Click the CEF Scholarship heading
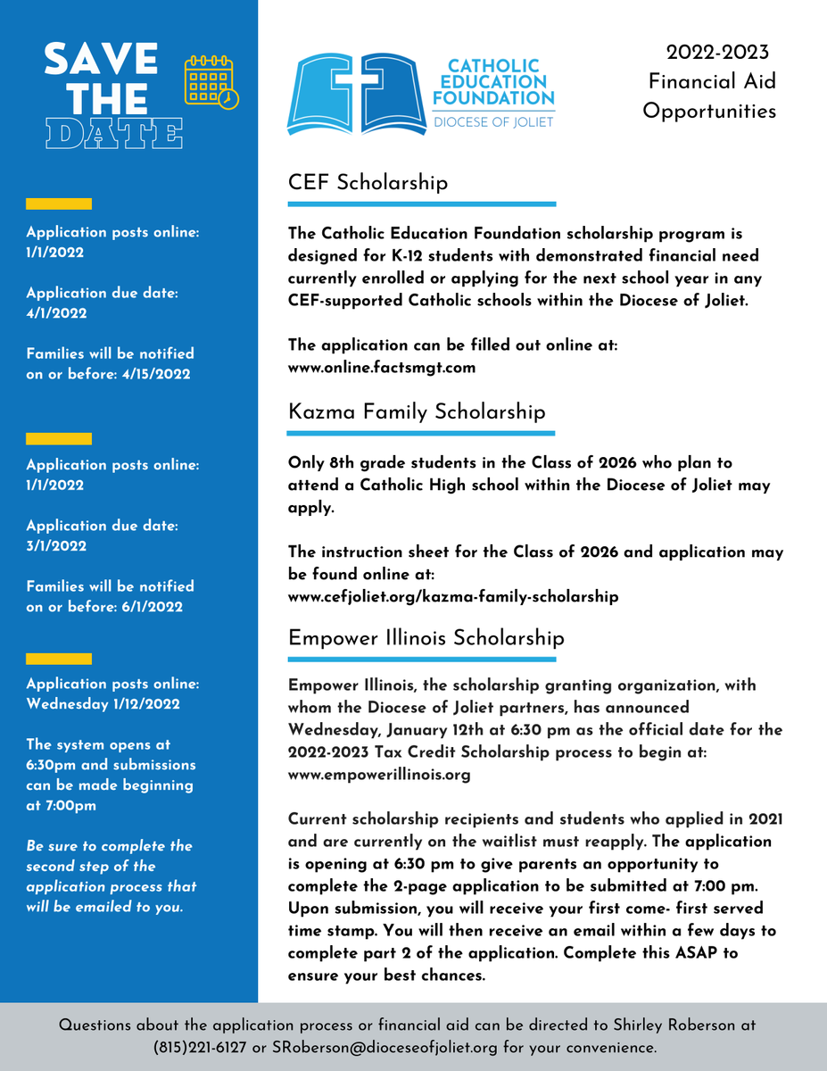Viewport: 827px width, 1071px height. click(x=368, y=183)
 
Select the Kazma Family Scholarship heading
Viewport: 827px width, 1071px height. click(x=417, y=411)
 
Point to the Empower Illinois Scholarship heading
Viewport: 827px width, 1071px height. click(x=426, y=638)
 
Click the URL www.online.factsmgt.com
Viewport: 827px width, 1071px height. click(x=382, y=367)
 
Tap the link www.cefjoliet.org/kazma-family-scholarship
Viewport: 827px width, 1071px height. click(x=453, y=596)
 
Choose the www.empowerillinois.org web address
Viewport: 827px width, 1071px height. click(x=379, y=775)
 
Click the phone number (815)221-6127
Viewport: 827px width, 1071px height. click(x=199, y=1047)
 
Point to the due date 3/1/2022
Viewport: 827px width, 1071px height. click(x=56, y=546)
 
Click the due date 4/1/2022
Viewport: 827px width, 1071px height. click(x=56, y=313)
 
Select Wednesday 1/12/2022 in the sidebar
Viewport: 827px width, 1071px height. click(x=103, y=703)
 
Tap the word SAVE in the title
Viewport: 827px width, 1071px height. click(x=101, y=61)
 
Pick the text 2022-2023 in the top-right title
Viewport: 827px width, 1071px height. click(x=717, y=53)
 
